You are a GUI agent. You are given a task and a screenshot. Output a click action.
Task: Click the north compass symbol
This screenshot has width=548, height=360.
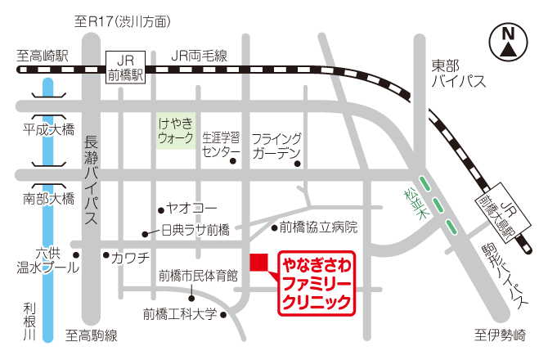[x=508, y=42]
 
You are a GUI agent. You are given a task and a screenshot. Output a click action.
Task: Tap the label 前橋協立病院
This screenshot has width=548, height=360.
[x=318, y=227]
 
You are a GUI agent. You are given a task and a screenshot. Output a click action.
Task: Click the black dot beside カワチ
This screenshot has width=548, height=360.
[x=105, y=255]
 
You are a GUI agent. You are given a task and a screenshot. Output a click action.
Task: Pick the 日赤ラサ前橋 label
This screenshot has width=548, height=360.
[x=195, y=232]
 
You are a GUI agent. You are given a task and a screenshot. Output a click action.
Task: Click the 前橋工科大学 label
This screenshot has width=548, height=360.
[x=180, y=313]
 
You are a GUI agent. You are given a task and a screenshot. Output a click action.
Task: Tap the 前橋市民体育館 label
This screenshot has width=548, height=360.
[x=198, y=275]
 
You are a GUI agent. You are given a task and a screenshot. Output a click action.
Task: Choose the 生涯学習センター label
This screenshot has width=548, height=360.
[x=220, y=144]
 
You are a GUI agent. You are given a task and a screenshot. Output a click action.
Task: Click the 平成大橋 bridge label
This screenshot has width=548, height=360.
[x=48, y=128]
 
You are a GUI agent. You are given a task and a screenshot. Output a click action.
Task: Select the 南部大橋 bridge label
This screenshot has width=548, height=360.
[x=48, y=199]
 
